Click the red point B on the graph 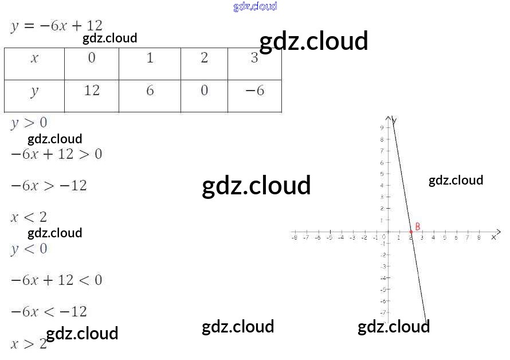[411, 232]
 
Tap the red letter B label [418, 226]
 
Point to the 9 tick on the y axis [382, 128]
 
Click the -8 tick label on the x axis [294, 237]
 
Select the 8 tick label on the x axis [479, 237]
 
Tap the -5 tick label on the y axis [382, 289]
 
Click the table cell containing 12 [92, 91]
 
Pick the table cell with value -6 [254, 91]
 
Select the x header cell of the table [34, 58]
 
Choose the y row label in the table [34, 91]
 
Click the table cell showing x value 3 [254, 58]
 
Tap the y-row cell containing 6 [150, 91]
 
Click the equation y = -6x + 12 [56, 26]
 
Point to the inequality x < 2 [29, 217]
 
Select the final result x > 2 [29, 343]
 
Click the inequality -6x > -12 [49, 186]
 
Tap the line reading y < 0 [29, 249]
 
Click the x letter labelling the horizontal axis [494, 237]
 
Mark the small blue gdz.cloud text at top [255, 6]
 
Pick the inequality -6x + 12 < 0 [56, 280]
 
